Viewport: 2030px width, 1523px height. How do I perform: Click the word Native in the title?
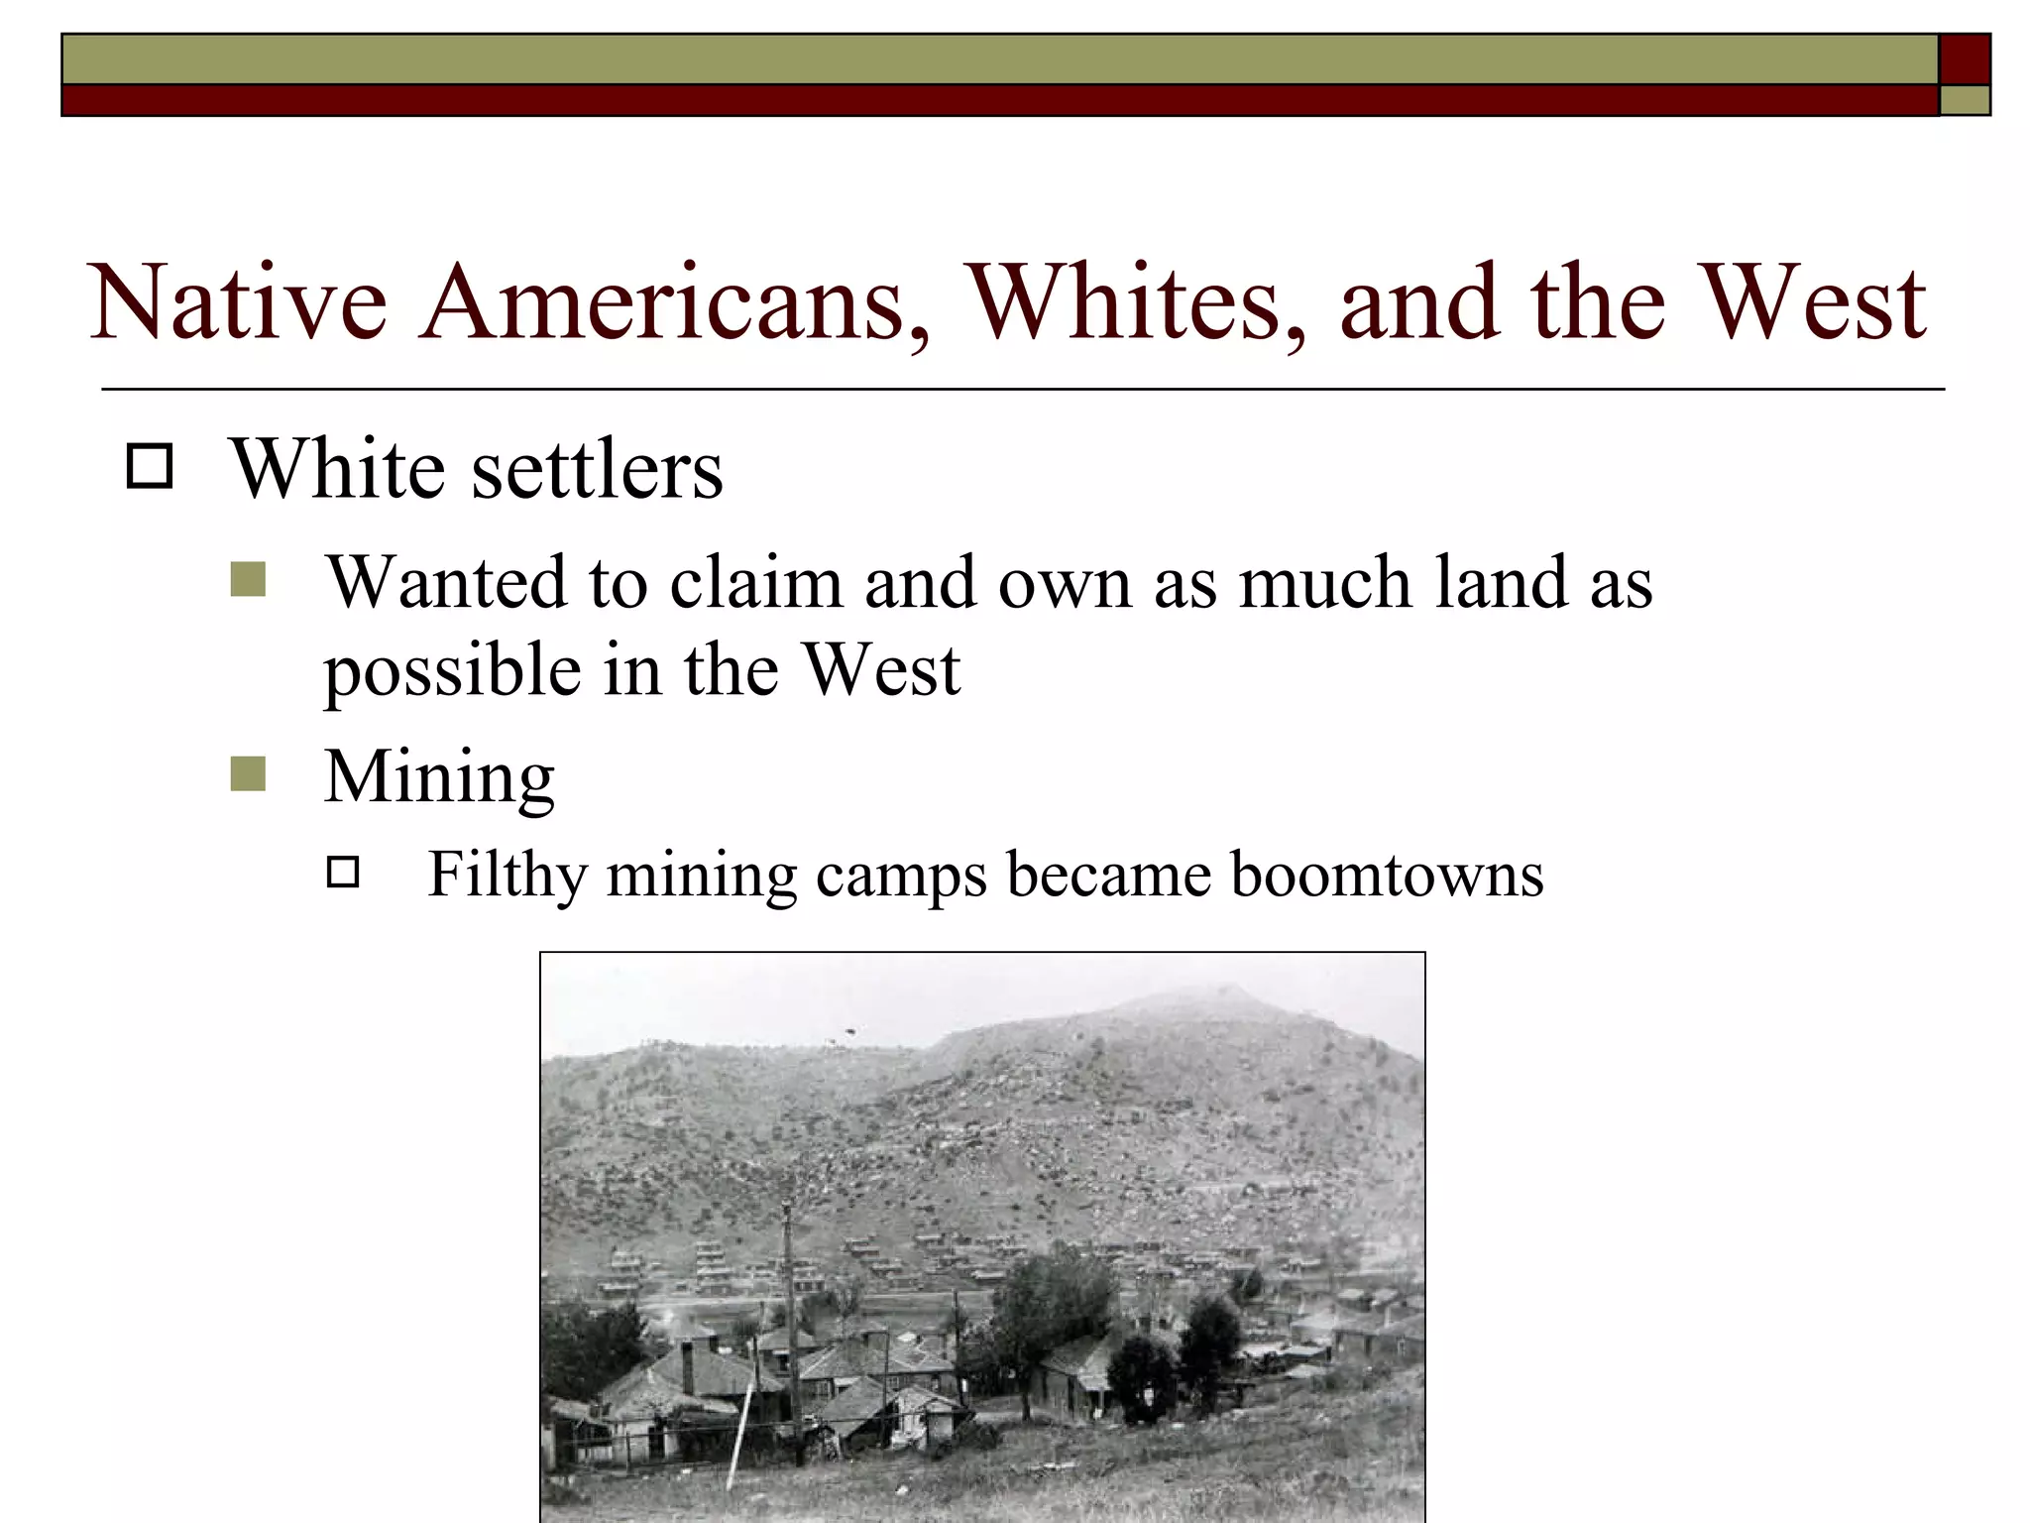click(x=238, y=301)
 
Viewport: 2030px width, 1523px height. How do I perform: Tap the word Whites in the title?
click(x=1136, y=301)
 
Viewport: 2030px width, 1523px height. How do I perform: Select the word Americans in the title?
click(x=674, y=301)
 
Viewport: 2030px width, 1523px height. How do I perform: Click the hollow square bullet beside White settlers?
click(x=150, y=466)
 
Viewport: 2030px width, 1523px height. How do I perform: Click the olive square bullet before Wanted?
click(x=248, y=580)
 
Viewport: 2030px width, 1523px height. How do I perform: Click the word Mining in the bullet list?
click(x=439, y=777)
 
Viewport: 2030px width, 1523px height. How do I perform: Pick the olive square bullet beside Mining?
click(x=248, y=774)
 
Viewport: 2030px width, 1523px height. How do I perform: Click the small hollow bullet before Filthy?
click(x=343, y=873)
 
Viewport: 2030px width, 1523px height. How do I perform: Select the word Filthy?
click(x=507, y=876)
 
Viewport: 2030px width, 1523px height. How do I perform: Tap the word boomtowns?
click(x=1387, y=875)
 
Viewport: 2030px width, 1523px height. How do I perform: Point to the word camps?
click(x=901, y=877)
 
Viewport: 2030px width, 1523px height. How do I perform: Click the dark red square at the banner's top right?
click(x=1965, y=59)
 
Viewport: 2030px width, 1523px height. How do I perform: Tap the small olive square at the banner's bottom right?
click(x=1965, y=100)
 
